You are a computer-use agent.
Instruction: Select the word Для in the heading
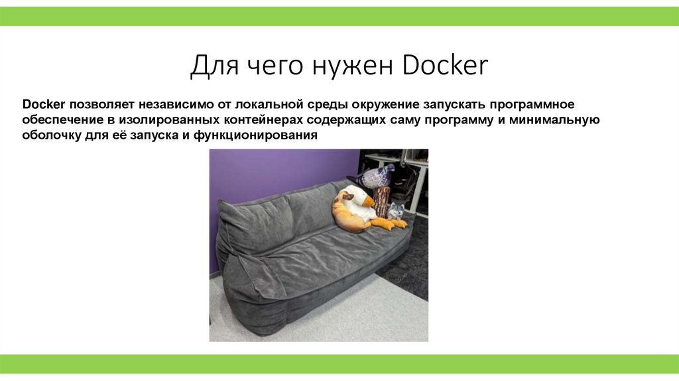point(212,66)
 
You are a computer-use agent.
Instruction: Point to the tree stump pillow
point(381,200)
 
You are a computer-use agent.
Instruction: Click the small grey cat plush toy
point(396,211)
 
